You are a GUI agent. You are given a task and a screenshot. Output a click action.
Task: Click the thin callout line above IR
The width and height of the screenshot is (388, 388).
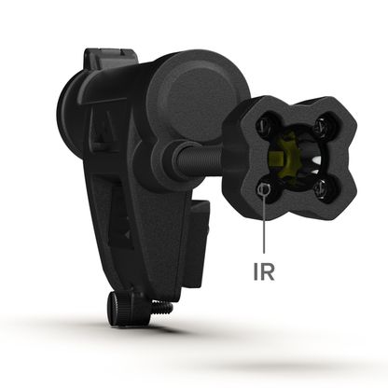pyautogui.click(x=265, y=224)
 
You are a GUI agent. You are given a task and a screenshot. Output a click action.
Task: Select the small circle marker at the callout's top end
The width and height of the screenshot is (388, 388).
pyautogui.click(x=265, y=189)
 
